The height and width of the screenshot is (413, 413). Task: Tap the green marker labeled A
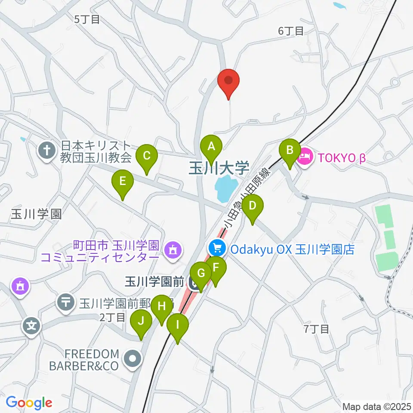pos(211,147)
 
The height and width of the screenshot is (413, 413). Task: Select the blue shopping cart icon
pos(217,249)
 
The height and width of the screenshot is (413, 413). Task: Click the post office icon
pos(66,302)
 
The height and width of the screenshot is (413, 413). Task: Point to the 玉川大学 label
pos(219,168)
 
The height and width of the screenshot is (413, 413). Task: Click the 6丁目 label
pos(291,31)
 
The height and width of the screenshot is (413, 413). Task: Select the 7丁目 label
pos(316,330)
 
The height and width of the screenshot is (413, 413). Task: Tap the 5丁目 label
pos(87,19)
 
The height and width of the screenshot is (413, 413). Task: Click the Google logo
pos(29,403)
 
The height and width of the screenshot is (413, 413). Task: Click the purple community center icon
pos(173,249)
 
